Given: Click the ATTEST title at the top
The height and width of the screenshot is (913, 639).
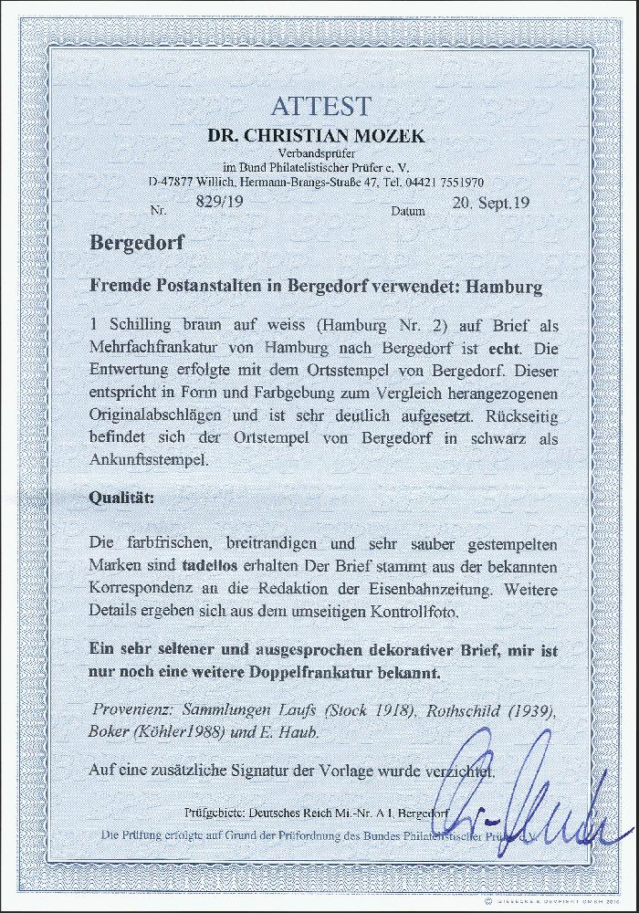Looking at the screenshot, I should click(x=319, y=106).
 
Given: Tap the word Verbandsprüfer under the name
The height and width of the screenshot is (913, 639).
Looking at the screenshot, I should click(x=319, y=152).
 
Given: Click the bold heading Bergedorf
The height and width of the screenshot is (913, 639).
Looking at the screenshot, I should click(x=135, y=244).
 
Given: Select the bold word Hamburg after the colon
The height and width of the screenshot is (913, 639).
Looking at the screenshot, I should click(x=505, y=287).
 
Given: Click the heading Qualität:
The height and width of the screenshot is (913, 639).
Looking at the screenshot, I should click(x=121, y=500).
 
